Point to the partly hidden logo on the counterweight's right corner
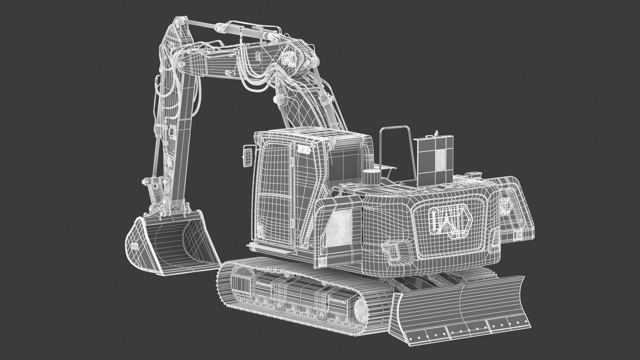tap(506, 207)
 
